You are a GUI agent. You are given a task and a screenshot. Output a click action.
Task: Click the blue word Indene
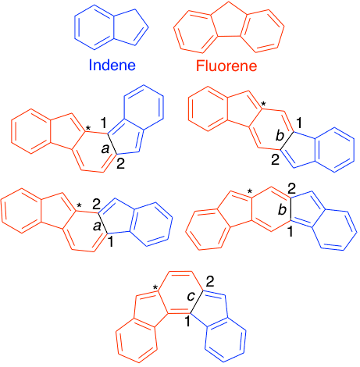112,65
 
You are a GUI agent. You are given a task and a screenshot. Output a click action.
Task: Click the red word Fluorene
226,66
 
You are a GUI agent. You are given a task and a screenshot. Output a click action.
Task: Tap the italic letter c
191,297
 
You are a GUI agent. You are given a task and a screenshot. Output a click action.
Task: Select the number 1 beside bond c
187,321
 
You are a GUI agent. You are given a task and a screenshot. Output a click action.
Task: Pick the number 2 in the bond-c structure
210,282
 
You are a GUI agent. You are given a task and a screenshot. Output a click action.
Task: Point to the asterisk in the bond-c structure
155,287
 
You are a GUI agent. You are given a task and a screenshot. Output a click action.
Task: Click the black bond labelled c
197,301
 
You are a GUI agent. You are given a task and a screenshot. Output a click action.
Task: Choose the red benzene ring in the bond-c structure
136,341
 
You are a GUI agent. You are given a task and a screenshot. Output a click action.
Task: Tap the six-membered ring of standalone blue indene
94,27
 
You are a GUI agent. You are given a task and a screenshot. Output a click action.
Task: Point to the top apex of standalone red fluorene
228,2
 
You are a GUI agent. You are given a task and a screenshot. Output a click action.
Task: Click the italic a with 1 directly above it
105,148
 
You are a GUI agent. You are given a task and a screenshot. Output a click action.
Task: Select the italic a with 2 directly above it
97,226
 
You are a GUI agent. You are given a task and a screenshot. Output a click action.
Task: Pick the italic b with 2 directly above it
283,209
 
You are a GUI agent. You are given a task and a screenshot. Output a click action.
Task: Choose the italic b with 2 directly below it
280,136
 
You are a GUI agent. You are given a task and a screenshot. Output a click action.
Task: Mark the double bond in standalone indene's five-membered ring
141,36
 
